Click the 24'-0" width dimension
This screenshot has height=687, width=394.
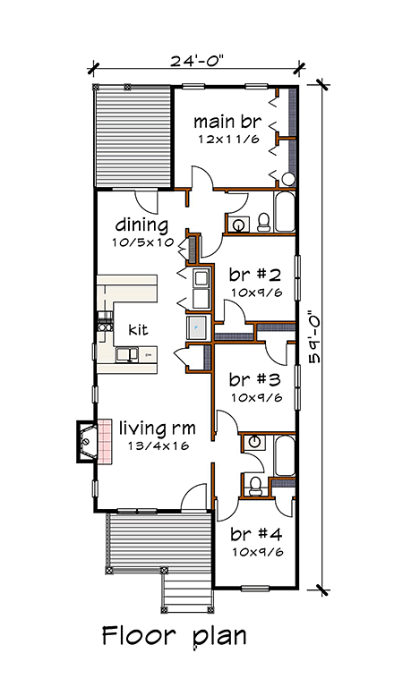pyautogui.click(x=197, y=61)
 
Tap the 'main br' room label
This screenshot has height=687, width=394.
pyautogui.click(x=227, y=122)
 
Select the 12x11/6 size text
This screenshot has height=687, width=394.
pyautogui.click(x=227, y=140)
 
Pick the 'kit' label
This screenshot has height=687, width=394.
pyautogui.click(x=138, y=329)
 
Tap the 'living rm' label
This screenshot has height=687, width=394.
pyautogui.click(x=157, y=428)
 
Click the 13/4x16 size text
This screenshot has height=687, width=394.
pyautogui.click(x=158, y=446)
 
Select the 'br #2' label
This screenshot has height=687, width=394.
pyautogui.click(x=254, y=276)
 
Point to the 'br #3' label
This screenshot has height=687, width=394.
pyautogui.click(x=254, y=380)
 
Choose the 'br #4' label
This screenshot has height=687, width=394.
pyautogui.click(x=256, y=535)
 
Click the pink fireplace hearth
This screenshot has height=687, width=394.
pyautogui.click(x=105, y=441)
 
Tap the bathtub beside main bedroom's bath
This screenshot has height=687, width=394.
pyautogui.click(x=285, y=211)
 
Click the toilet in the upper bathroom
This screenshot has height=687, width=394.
pyautogui.click(x=263, y=223)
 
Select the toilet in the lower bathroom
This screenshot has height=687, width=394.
pyautogui.click(x=253, y=487)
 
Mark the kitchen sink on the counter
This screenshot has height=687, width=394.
pyautogui.click(x=127, y=353)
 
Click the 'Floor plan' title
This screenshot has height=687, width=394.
pyautogui.click(x=175, y=636)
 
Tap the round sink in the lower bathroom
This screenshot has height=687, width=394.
pyautogui.click(x=253, y=442)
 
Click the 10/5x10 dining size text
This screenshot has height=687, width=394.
pyautogui.click(x=142, y=242)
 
